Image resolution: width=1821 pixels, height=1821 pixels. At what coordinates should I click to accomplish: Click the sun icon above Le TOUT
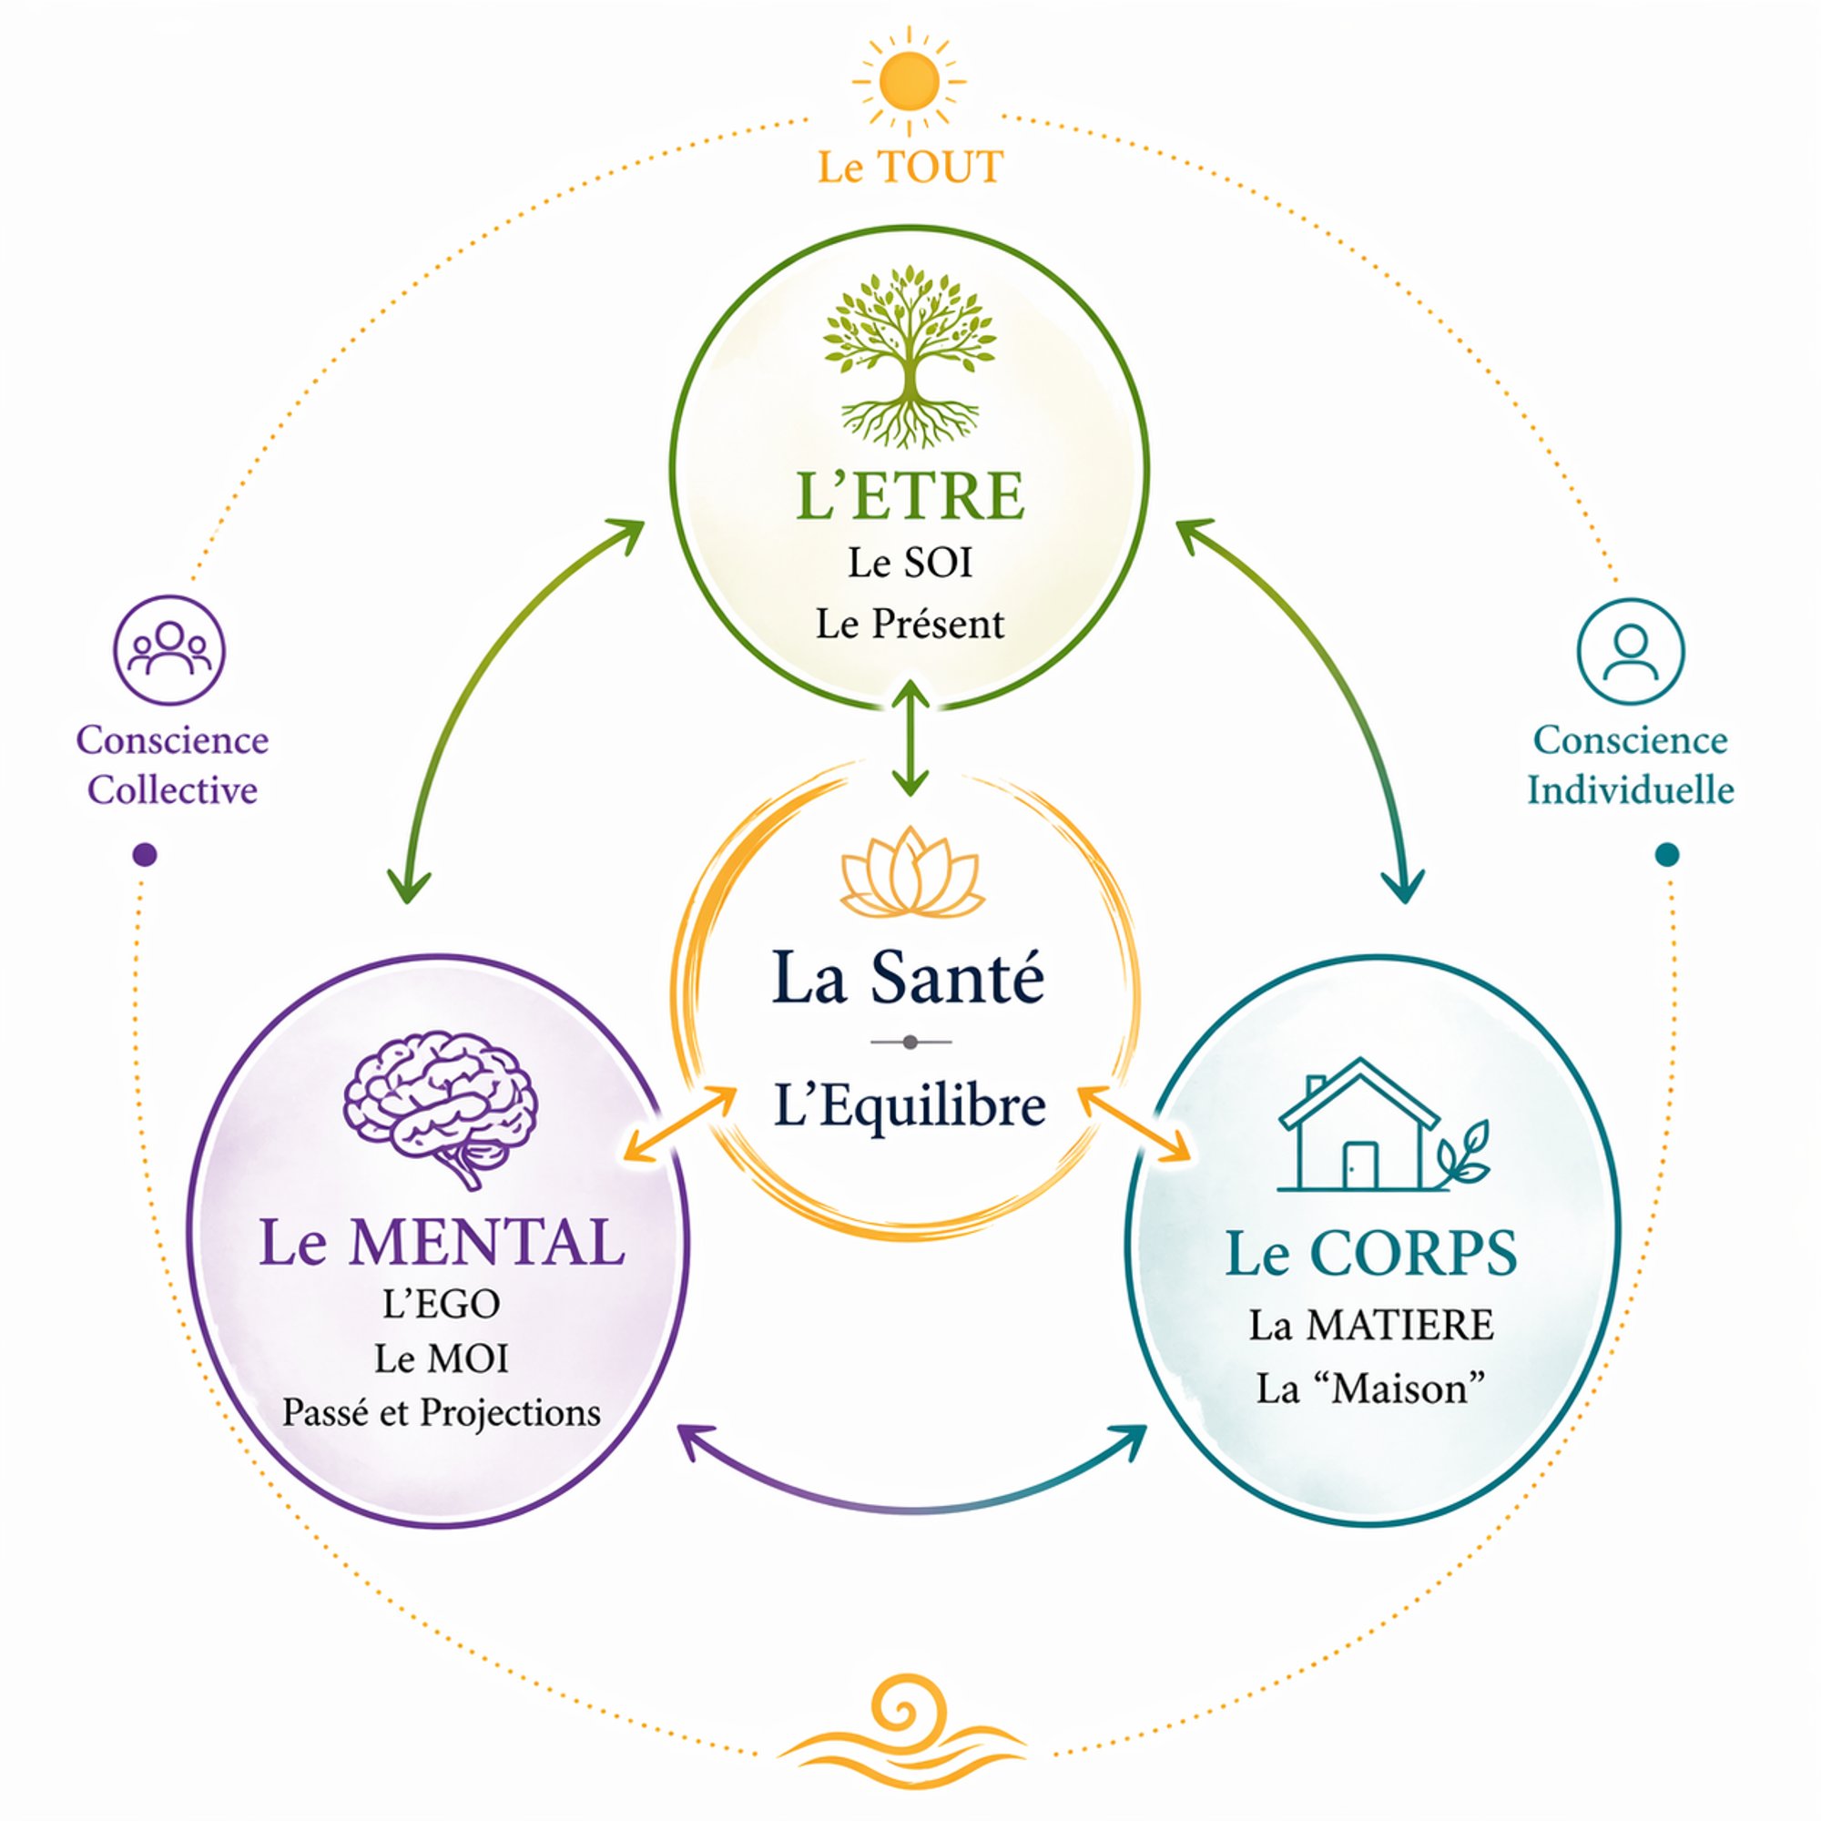click(909, 82)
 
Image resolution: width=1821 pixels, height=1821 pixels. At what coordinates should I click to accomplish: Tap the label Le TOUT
click(910, 168)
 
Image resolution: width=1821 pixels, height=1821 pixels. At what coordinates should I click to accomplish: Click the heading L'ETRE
click(910, 497)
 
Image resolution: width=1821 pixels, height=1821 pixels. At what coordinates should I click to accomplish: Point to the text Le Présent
click(910, 624)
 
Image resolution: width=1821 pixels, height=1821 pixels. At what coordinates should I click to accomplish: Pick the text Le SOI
click(910, 564)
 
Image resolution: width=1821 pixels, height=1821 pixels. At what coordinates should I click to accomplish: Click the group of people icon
click(169, 649)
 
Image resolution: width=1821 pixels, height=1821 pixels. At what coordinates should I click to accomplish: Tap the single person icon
click(1631, 651)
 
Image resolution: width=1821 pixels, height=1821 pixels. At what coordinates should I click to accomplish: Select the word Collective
click(172, 789)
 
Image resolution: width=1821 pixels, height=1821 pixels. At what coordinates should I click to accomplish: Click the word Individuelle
click(1631, 789)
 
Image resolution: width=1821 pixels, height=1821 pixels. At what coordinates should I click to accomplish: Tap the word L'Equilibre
click(910, 1106)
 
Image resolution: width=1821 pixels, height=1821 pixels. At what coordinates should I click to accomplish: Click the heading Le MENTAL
click(441, 1242)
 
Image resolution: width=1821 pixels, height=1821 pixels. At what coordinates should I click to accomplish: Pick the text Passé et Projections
click(441, 1413)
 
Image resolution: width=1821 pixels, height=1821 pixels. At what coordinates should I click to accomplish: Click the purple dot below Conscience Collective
click(145, 855)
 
